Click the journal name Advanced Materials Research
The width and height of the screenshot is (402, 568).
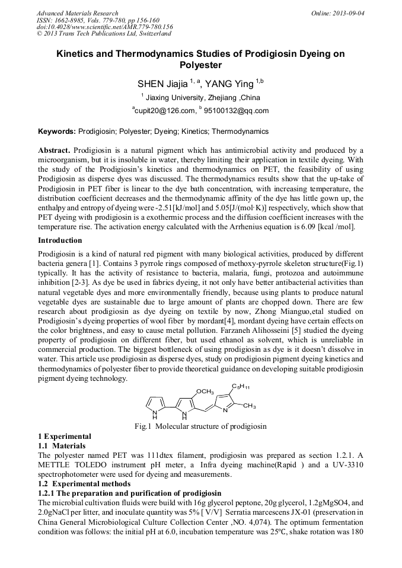click(x=77, y=13)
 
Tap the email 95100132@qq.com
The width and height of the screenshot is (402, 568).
click(x=237, y=111)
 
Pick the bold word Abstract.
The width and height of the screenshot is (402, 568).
click(x=55, y=150)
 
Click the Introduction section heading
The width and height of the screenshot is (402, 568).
click(x=60, y=240)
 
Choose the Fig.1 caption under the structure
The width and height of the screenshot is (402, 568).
click(x=200, y=426)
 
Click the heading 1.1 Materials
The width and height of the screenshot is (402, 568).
click(x=62, y=445)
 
